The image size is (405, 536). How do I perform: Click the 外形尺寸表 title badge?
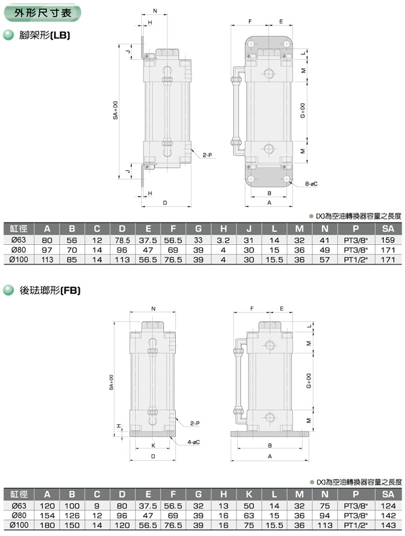pyautogui.click(x=42, y=13)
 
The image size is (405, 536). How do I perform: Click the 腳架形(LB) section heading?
pyautogui.click(x=44, y=35)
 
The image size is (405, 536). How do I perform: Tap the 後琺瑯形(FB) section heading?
pyautogui.click(x=50, y=291)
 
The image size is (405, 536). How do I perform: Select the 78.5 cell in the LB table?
pyautogui.click(x=122, y=240)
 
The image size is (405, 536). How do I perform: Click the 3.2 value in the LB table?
pyautogui.click(x=223, y=240)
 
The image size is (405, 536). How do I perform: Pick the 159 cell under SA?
pyautogui.click(x=388, y=240)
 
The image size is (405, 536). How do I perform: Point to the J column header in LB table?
pyautogui.click(x=249, y=229)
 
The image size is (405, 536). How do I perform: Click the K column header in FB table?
pyautogui.click(x=249, y=494)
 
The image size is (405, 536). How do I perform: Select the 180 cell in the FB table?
pyautogui.click(x=47, y=525)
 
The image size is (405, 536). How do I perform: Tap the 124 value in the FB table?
pyautogui.click(x=388, y=506)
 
